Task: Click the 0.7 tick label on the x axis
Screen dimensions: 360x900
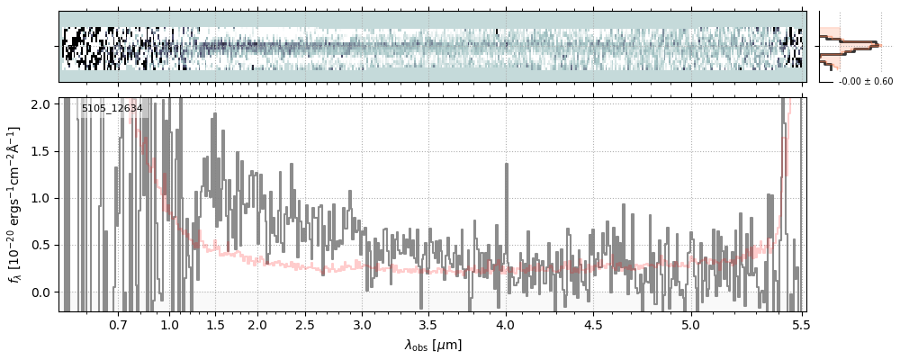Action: click(x=118, y=324)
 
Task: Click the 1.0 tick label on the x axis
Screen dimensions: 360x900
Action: click(x=170, y=324)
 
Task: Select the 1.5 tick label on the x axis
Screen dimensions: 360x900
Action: click(x=215, y=324)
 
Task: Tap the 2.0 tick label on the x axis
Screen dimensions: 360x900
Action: click(x=257, y=324)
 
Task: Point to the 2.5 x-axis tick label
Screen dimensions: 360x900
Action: click(x=305, y=324)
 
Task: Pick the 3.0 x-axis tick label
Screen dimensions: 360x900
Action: click(x=362, y=324)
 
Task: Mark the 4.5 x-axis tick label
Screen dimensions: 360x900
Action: click(x=595, y=324)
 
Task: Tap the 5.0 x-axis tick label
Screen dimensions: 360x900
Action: click(x=690, y=324)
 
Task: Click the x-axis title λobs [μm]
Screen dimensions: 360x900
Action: click(x=433, y=344)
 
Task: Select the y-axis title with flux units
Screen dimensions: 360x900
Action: click(x=15, y=204)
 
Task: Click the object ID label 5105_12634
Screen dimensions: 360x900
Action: click(x=112, y=109)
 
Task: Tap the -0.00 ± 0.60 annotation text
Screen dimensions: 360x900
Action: click(x=865, y=82)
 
